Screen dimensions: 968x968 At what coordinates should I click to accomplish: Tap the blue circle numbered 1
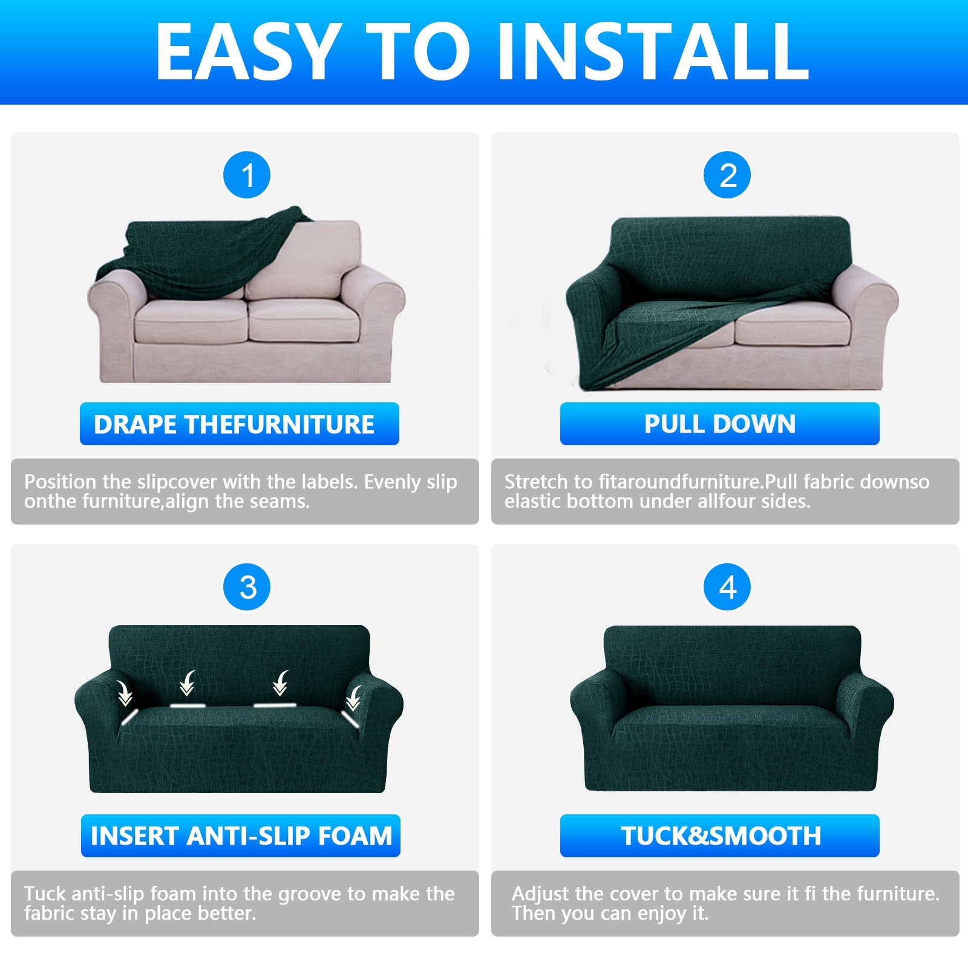pyautogui.click(x=247, y=175)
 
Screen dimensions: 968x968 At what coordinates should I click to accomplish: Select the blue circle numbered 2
pyautogui.click(x=727, y=175)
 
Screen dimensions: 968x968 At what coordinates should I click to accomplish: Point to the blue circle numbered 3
pyautogui.click(x=247, y=587)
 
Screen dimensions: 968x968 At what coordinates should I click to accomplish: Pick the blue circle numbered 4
pyautogui.click(x=727, y=587)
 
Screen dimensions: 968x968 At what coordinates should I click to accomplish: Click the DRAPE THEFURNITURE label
pyautogui.click(x=239, y=424)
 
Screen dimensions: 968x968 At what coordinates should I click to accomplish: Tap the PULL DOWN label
pyautogui.click(x=719, y=424)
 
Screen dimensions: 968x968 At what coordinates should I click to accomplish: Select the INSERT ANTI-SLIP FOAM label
pyautogui.click(x=241, y=836)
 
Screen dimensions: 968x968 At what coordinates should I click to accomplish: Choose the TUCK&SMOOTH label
pyautogui.click(x=719, y=836)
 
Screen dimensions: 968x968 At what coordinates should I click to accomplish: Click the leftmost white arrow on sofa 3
pyautogui.click(x=125, y=693)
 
